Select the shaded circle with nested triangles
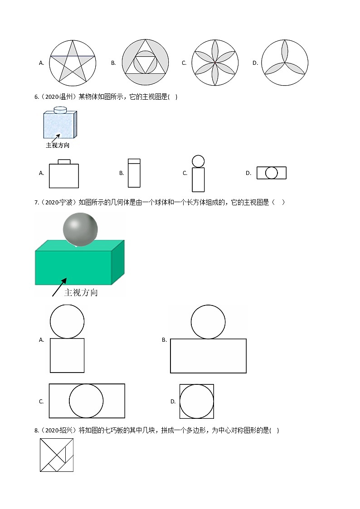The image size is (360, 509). pyautogui.click(x=145, y=63)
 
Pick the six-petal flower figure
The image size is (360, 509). pyautogui.click(x=214, y=63)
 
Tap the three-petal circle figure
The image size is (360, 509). pyautogui.click(x=285, y=63)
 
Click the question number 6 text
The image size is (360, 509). pyautogui.click(x=37, y=97)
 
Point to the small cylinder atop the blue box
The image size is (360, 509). pyautogui.click(x=60, y=109)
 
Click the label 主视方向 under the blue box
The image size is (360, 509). pyautogui.click(x=58, y=145)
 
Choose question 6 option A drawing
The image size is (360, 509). pyautogui.click(x=64, y=174)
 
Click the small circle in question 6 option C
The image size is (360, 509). pyautogui.click(x=198, y=161)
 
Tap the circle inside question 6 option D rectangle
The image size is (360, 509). pyautogui.click(x=271, y=173)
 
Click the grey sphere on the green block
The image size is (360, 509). pyautogui.click(x=80, y=229)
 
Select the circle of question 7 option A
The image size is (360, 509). pyautogui.click(x=67, y=321)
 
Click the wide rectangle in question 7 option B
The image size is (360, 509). pyautogui.click(x=208, y=356)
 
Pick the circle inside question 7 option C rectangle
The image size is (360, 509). pyautogui.click(x=86, y=401)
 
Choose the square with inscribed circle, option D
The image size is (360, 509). pyautogui.click(x=196, y=401)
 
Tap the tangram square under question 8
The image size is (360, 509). pyautogui.click(x=57, y=455)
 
